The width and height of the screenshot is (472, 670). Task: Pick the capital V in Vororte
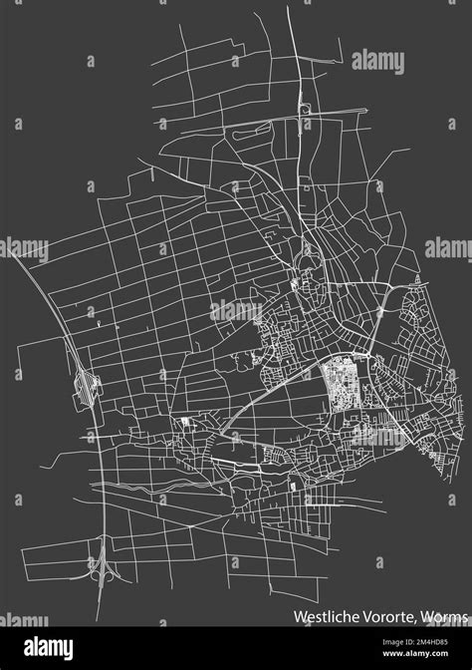(x=362, y=616)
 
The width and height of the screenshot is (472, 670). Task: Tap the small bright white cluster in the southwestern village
(x=186, y=423)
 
